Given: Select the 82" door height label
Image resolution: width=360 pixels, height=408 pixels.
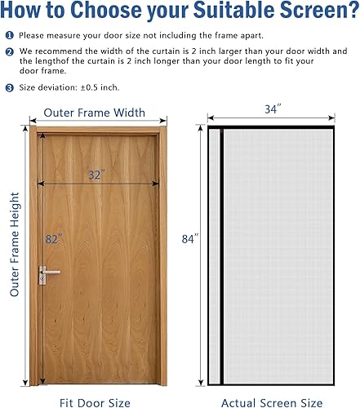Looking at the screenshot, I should (54, 240).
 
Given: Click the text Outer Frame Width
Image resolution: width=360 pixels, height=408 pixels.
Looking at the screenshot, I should (95, 113).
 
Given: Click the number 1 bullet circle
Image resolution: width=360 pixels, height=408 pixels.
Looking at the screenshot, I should (9, 36).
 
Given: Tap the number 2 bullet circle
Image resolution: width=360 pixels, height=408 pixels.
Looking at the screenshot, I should (9, 51).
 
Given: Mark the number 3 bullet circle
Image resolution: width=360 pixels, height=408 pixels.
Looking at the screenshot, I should (9, 86).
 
